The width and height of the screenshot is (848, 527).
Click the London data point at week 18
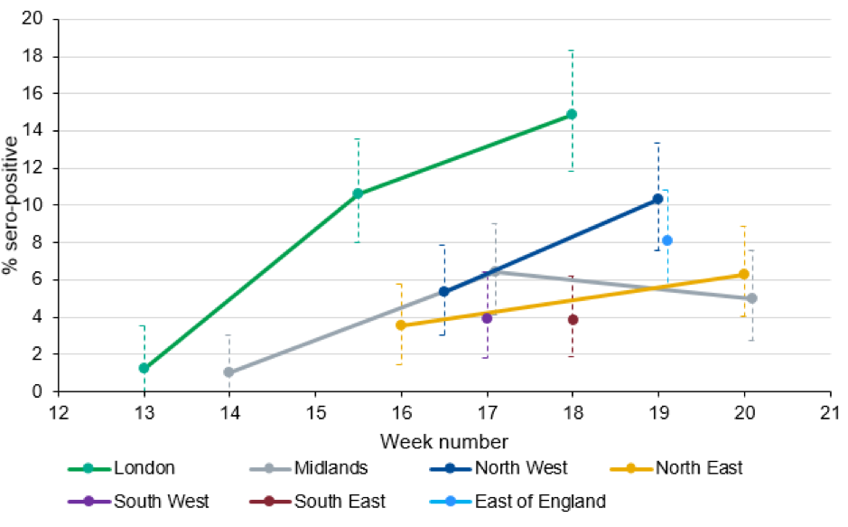pos(572,115)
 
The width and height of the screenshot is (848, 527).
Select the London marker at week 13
pos(144,368)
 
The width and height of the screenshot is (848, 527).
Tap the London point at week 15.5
pos(358,193)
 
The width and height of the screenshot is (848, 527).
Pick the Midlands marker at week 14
pos(229,372)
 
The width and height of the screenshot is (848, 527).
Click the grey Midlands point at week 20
pos(751,298)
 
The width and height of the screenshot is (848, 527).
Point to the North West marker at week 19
pos(657,199)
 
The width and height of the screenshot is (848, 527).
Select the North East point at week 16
pos(400,325)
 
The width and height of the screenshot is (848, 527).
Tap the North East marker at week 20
pos(743,274)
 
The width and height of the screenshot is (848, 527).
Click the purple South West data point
pos(487,318)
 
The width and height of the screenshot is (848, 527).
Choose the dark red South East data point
pos(573,319)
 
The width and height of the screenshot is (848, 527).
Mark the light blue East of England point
pos(667,240)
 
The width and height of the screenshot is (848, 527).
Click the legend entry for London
pos(122,468)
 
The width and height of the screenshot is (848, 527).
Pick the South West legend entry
pos(126,501)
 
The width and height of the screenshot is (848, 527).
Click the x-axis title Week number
pos(443,442)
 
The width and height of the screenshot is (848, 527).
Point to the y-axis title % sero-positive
pos(11,205)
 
